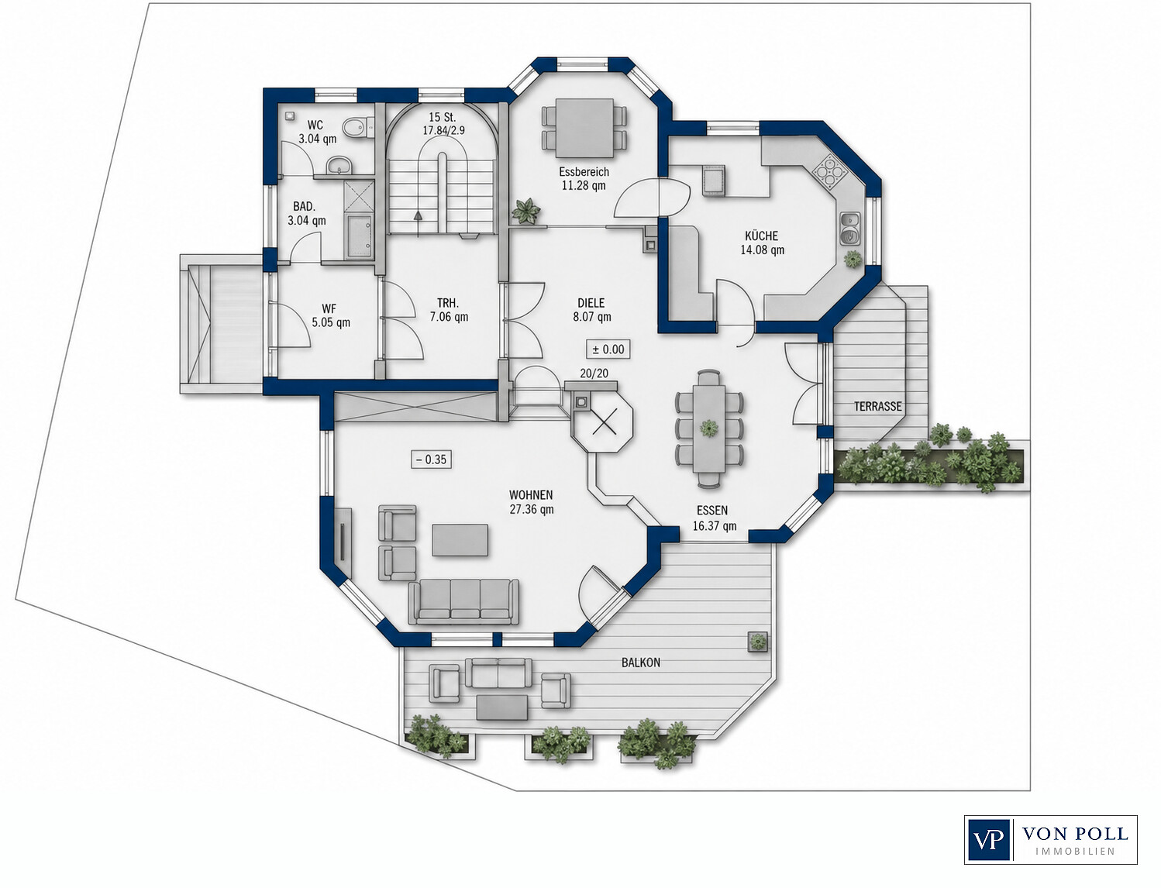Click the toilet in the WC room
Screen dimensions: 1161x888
pyautogui.click(x=358, y=127)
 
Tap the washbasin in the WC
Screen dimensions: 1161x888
pyautogui.click(x=339, y=166)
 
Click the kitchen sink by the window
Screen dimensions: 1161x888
pyautogui.click(x=850, y=228)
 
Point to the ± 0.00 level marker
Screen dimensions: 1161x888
pyautogui.click(x=608, y=349)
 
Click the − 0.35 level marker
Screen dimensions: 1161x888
pyautogui.click(x=432, y=459)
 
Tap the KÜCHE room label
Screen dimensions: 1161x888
pyautogui.click(x=762, y=236)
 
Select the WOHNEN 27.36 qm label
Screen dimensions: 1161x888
pyautogui.click(x=531, y=502)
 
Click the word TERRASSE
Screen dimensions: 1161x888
pyautogui.click(x=877, y=407)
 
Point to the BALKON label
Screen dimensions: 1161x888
pyautogui.click(x=640, y=663)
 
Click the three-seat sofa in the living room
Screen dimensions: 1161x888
pyautogui.click(x=463, y=601)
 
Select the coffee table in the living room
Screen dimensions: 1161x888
pyautogui.click(x=460, y=539)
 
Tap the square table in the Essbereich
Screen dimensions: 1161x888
pyautogui.click(x=584, y=128)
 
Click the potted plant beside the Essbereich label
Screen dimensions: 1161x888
pyautogui.click(x=526, y=210)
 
